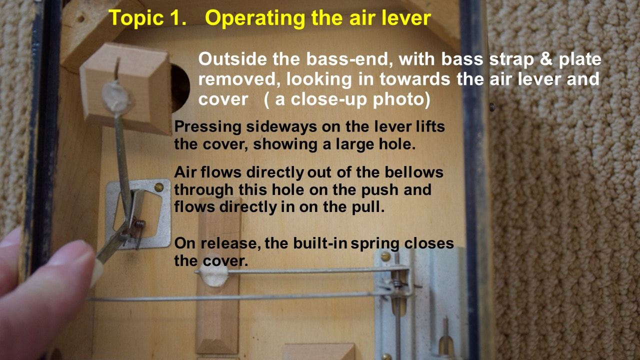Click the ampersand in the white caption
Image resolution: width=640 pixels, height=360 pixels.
point(546,59)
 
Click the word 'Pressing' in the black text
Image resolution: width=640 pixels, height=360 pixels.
point(207,126)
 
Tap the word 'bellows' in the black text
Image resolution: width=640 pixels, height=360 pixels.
point(413,172)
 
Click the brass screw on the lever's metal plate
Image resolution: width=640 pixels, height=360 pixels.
point(159,187)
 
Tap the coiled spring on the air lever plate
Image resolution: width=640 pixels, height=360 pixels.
point(139,223)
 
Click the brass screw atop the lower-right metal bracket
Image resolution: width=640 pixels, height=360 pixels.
point(385,256)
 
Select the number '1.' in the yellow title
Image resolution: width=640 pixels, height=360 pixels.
point(178,17)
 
